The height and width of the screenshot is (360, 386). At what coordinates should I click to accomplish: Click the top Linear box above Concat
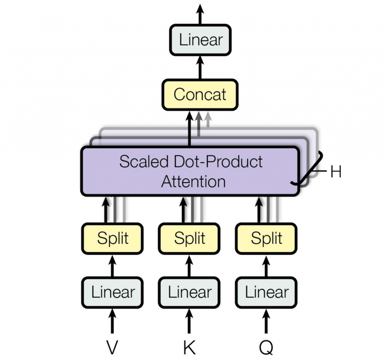coord(200,40)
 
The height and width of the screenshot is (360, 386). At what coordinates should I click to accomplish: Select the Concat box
coord(200,95)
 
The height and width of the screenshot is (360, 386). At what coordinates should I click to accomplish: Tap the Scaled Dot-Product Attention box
coord(190,171)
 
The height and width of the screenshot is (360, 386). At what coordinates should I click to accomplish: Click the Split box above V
coord(112,238)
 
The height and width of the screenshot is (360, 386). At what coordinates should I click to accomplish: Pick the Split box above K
coord(189,238)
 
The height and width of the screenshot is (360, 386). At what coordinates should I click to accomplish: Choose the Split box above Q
coord(266,238)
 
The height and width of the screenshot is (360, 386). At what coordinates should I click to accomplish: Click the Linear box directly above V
coord(112,293)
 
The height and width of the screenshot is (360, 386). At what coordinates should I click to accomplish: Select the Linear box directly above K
coord(189,293)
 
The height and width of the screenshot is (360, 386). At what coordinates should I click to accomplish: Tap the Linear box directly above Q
coord(266,293)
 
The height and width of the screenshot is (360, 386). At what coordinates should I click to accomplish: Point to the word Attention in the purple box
coord(193,181)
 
